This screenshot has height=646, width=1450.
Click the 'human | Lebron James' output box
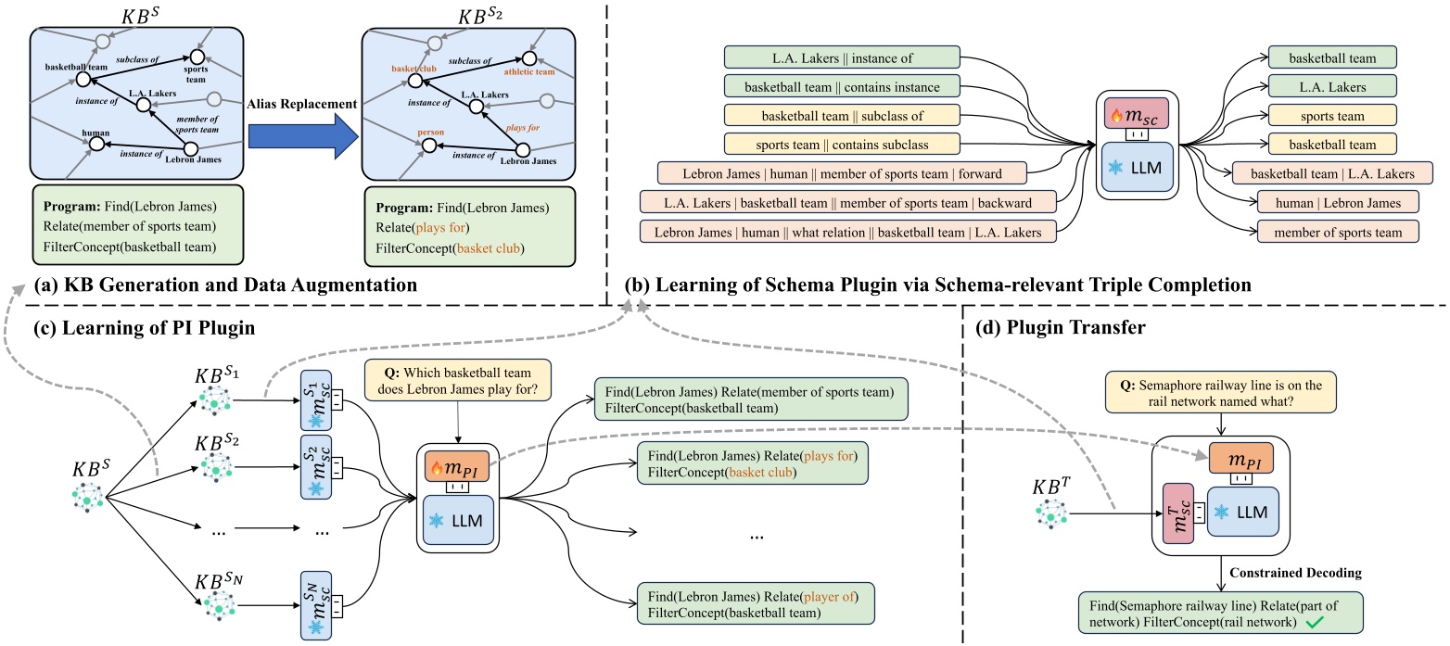(1337, 201)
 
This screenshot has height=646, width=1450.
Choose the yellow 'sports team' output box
(1335, 115)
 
